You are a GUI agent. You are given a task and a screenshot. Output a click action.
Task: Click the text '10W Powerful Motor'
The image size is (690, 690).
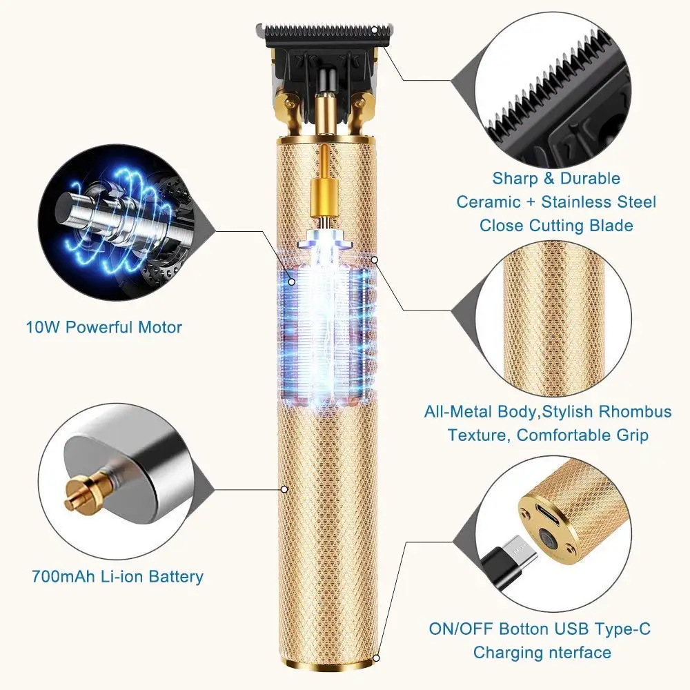point(104,326)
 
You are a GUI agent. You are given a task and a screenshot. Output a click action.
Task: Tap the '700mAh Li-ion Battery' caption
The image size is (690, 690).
point(117,576)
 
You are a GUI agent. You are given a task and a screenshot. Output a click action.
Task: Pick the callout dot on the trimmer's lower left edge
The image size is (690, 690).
point(284,489)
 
